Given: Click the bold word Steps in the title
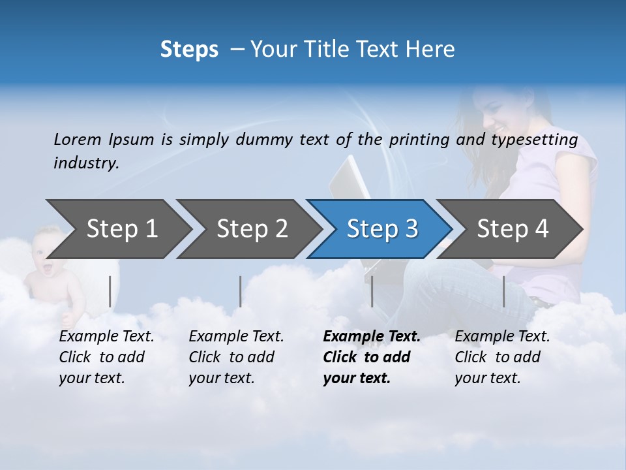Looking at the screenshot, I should pyautogui.click(x=189, y=50).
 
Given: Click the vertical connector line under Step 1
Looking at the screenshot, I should pyautogui.click(x=110, y=291).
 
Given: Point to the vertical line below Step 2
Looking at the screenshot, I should pyautogui.click(x=241, y=291).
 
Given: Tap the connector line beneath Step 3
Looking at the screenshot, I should pyautogui.click(x=372, y=291).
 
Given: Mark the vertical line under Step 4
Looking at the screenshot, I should pyautogui.click(x=503, y=291).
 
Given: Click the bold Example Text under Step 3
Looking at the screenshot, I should pyautogui.click(x=372, y=357).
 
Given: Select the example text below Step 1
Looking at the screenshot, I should pyautogui.click(x=106, y=357).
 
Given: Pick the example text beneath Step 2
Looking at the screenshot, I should pyautogui.click(x=236, y=357).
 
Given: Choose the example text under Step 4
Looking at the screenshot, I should pyautogui.click(x=502, y=357).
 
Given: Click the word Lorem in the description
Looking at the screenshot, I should pyautogui.click(x=78, y=140).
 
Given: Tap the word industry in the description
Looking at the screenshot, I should pyautogui.click(x=85, y=163).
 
